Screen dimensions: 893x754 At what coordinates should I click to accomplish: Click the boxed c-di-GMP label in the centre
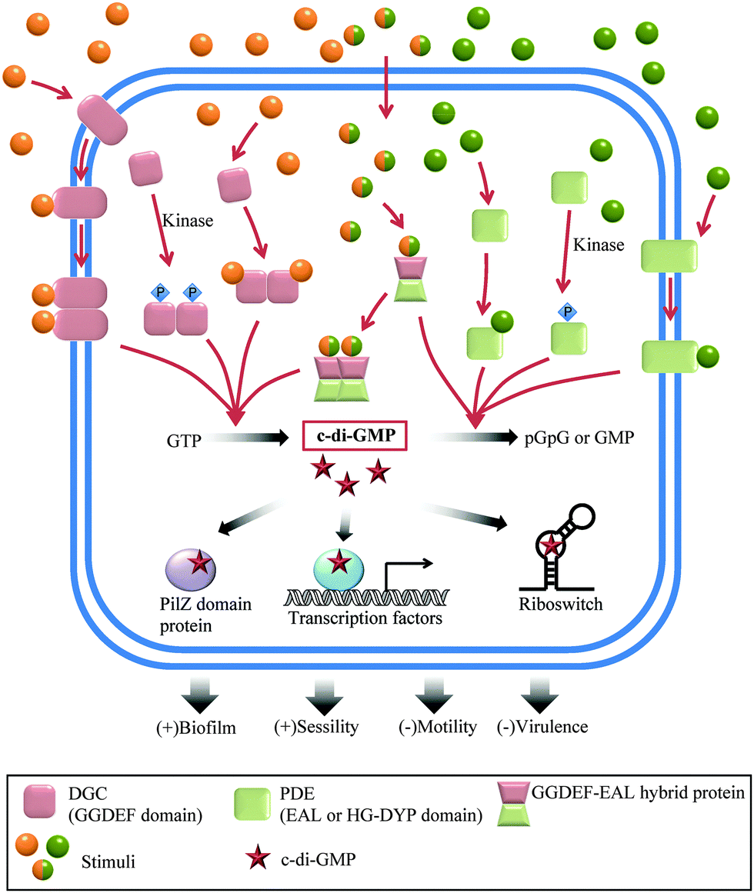(355, 436)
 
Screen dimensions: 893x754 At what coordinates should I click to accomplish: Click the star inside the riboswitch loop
(552, 546)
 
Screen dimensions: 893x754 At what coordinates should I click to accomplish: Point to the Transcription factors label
(365, 618)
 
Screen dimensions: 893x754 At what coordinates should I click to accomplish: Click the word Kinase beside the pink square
(188, 220)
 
